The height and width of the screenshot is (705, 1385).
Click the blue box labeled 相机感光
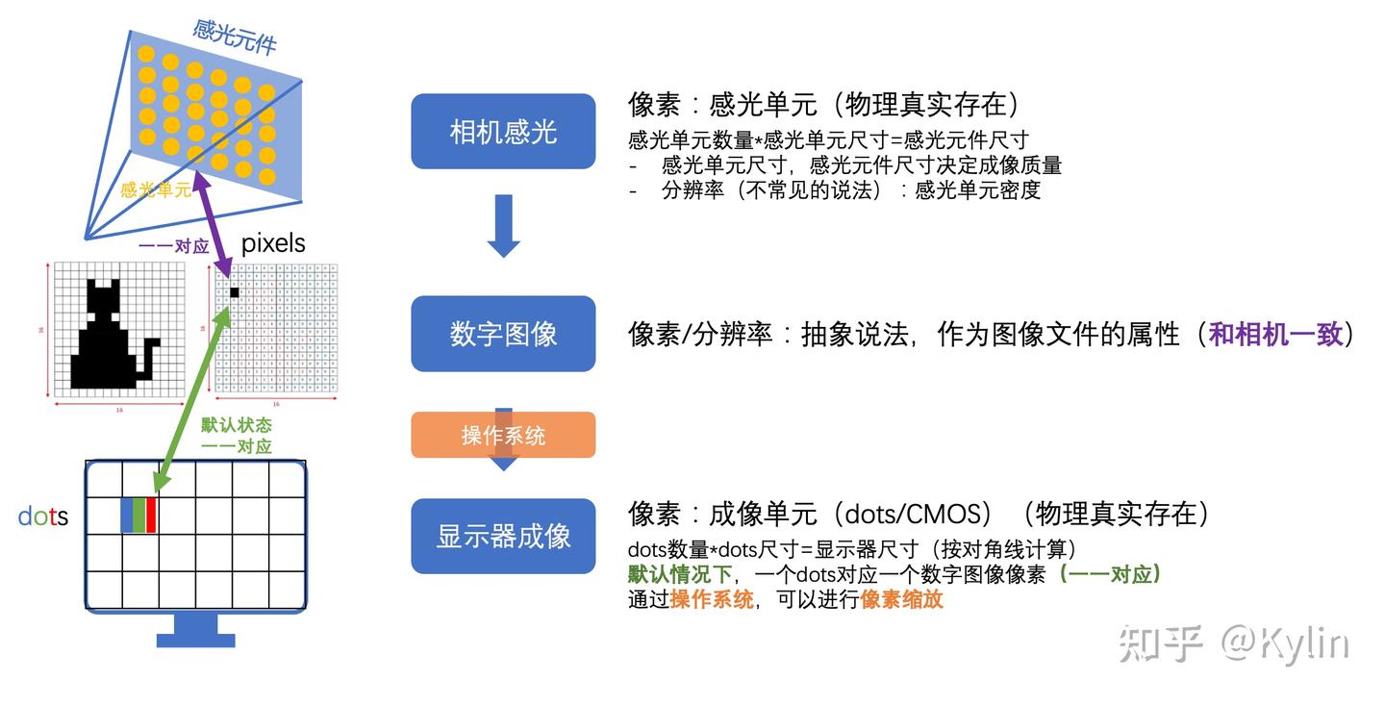(x=503, y=132)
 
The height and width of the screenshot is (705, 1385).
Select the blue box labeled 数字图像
(x=503, y=334)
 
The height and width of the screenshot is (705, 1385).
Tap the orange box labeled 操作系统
(x=503, y=436)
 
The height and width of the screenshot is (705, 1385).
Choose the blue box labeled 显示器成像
(x=503, y=536)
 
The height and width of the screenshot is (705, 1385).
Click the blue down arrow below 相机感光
(x=503, y=225)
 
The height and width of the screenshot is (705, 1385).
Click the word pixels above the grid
(x=273, y=243)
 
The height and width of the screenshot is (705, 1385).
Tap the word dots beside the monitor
(x=43, y=516)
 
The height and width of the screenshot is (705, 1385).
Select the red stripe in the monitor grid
(x=151, y=515)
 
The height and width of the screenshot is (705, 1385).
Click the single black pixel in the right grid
(x=234, y=291)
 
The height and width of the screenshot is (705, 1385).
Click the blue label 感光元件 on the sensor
(x=235, y=38)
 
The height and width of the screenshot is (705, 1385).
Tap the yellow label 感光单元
(x=156, y=189)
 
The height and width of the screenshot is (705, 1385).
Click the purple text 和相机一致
(x=1275, y=335)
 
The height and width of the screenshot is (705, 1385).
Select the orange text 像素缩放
(x=901, y=600)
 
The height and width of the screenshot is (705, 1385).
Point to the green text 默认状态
(x=236, y=425)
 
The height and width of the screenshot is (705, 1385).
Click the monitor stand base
(x=196, y=639)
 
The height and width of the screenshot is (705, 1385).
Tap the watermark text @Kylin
(x=1284, y=643)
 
